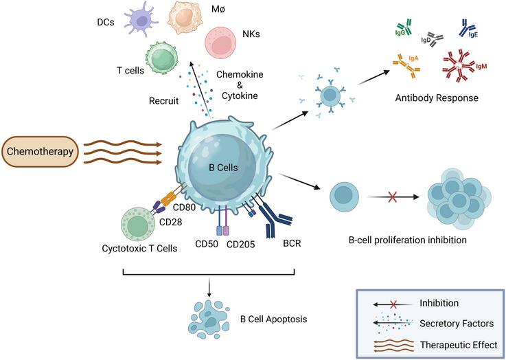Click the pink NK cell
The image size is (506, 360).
[x=222, y=42]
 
